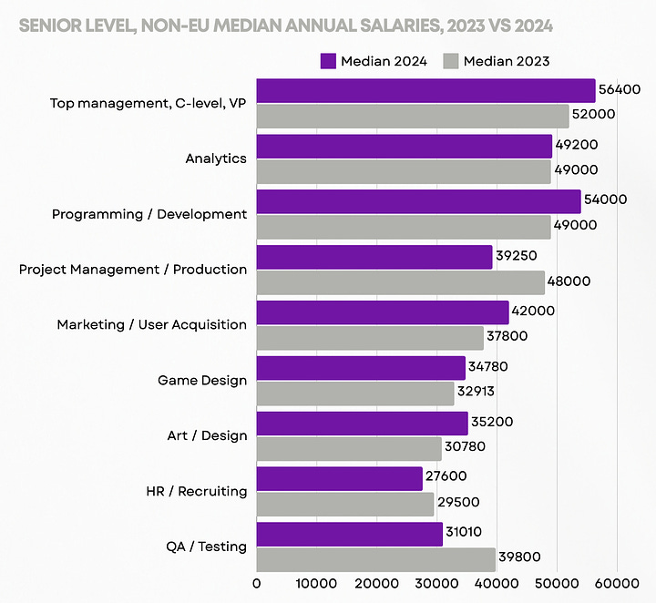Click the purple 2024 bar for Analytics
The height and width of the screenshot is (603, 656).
point(405,147)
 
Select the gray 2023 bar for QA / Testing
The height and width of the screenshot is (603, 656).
point(375,558)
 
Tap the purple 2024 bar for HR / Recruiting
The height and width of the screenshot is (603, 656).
point(340,479)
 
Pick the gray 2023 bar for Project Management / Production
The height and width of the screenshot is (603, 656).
point(400,281)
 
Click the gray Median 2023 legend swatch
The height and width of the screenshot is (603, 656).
point(450,61)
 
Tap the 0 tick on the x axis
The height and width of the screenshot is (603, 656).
point(257,582)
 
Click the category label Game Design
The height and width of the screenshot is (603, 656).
point(202,380)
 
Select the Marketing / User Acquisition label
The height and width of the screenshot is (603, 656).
point(151,324)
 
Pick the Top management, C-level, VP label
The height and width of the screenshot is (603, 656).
point(148,103)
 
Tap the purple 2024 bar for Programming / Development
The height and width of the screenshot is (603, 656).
point(418,202)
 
